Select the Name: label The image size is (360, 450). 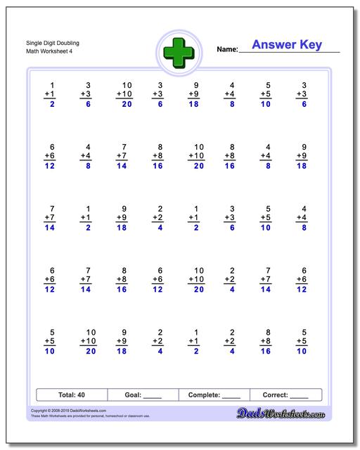pyautogui.click(x=227, y=49)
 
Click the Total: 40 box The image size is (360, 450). pyautogui.click(x=71, y=395)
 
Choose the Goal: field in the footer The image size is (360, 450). pyautogui.click(x=143, y=395)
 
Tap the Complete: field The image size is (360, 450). pyautogui.click(x=214, y=395)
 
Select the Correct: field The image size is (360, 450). pyautogui.click(x=285, y=395)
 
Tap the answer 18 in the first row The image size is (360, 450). pyautogui.click(x=195, y=104)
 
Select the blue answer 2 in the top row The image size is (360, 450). pyautogui.click(x=52, y=104)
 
